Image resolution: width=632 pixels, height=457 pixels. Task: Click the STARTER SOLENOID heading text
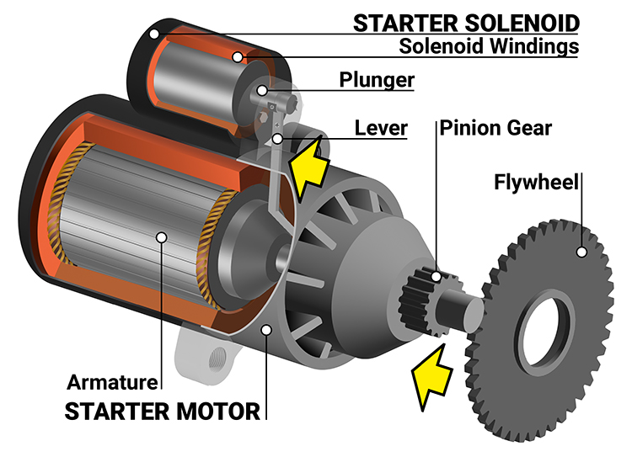click(x=466, y=23)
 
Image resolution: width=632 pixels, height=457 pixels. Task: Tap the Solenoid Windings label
click(x=489, y=46)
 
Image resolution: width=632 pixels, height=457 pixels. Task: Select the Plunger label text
click(x=377, y=80)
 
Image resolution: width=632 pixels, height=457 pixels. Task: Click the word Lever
click(x=381, y=128)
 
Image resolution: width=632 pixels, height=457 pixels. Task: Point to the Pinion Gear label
click(x=495, y=128)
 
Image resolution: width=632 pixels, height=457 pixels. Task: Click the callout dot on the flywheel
click(x=580, y=251)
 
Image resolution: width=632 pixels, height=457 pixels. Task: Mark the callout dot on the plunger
click(x=264, y=90)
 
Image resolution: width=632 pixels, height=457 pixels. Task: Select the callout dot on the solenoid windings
click(x=238, y=57)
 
